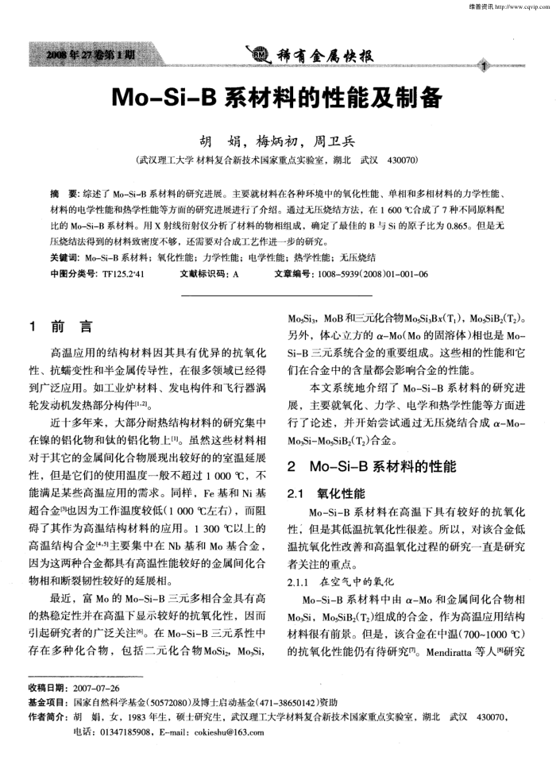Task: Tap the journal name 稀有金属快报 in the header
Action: click(x=322, y=57)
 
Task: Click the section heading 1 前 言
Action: click(x=60, y=326)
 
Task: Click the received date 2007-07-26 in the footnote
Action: click(x=96, y=688)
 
